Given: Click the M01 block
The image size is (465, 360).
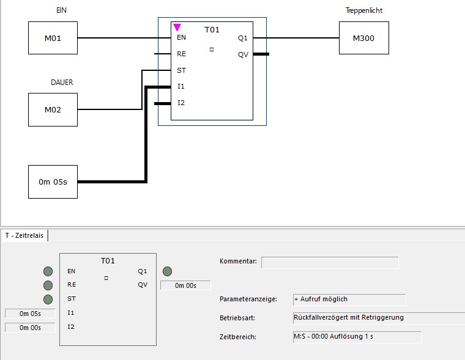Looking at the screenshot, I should point(53,38).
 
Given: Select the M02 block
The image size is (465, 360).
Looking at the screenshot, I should point(53,110).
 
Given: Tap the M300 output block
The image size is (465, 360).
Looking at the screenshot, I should point(363,38).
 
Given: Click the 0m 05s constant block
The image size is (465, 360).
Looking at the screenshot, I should point(53,182).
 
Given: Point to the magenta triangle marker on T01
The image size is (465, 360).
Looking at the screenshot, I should point(177,28).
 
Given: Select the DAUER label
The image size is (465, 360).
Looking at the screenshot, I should point(62,83).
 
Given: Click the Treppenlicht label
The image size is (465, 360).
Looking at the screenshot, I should point(364,11).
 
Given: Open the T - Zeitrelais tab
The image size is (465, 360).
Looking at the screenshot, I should point(24,235).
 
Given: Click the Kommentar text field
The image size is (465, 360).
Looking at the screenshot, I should point(330,262).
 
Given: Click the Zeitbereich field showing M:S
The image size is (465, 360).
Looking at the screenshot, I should point(357,337).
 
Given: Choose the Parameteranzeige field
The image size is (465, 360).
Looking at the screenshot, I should point(349,299).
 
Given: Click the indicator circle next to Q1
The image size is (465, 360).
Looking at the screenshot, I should point(167,271).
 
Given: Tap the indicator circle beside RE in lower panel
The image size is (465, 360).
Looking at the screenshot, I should point(48,285).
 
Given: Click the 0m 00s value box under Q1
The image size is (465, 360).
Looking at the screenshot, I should point(185,285).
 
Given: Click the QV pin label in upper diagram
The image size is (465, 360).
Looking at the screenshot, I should point(244,54).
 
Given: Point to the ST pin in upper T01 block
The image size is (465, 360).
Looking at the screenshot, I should point(181,70).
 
